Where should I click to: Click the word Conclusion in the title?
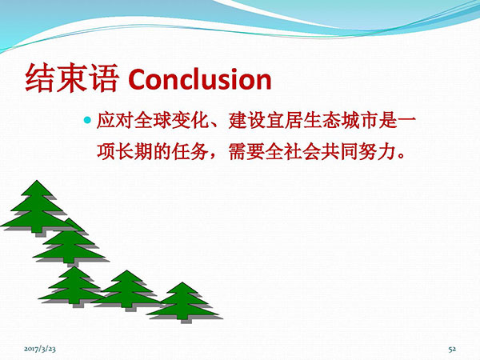click(200, 79)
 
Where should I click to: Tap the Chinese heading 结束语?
click(71, 78)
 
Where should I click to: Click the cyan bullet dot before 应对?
click(87, 120)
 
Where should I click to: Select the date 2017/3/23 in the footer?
click(40, 349)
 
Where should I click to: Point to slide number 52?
click(452, 349)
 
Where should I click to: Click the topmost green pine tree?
click(37, 206)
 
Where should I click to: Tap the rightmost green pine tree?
click(183, 302)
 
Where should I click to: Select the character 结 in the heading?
click(40, 78)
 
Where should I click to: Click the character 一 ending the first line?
click(406, 121)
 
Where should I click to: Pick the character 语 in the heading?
click(103, 78)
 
